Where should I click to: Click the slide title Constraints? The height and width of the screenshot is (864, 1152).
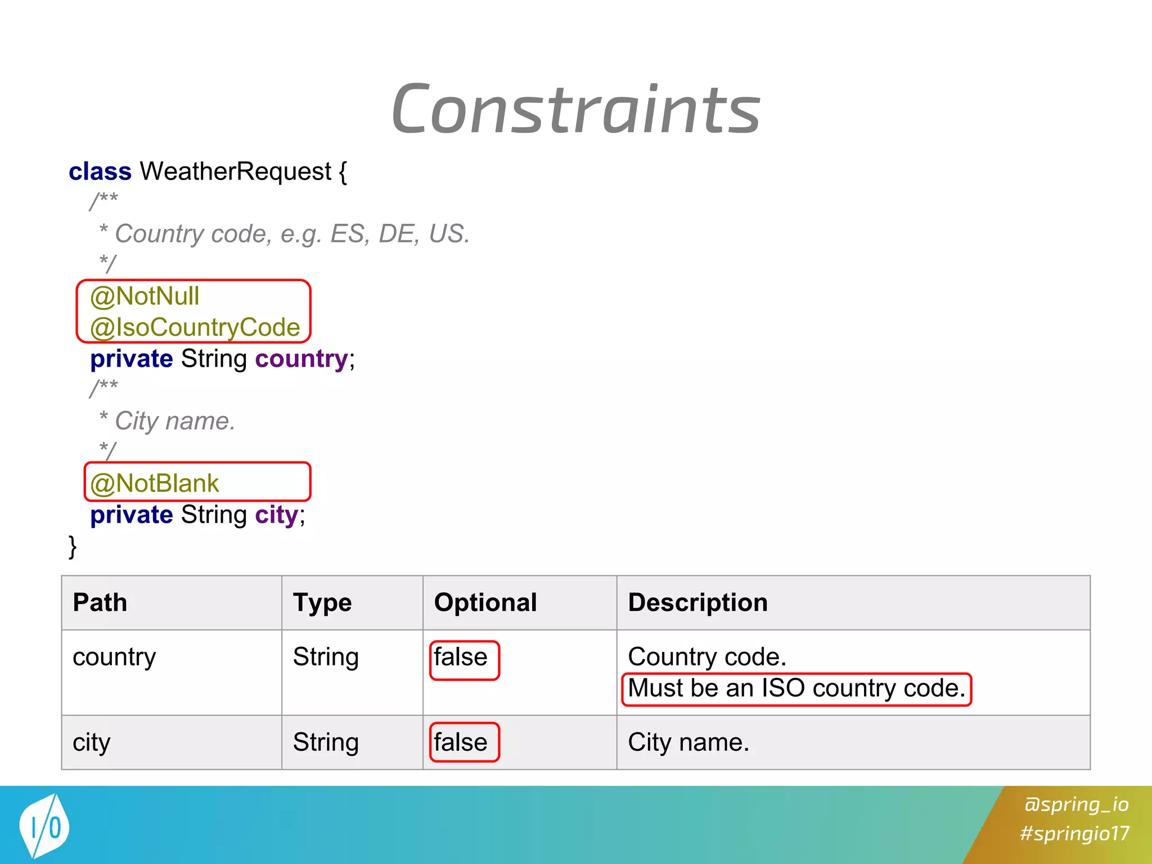(576, 110)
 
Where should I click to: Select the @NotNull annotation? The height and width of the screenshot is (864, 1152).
(145, 296)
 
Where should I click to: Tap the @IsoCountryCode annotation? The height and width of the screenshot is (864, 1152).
(195, 327)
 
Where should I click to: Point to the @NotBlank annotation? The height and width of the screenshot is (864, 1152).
(154, 483)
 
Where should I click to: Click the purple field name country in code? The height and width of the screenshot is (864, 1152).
(301, 359)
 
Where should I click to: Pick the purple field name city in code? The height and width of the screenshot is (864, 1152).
(276, 515)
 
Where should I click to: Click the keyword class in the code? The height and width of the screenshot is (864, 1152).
(100, 172)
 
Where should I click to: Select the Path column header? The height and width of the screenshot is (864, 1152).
(100, 602)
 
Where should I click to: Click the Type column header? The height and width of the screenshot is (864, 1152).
(322, 602)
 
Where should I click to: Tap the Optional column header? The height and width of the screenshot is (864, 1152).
(485, 602)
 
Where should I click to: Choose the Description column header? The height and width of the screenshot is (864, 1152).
(697, 602)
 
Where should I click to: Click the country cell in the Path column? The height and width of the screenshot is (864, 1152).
(114, 657)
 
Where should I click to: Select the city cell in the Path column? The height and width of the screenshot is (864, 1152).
(92, 742)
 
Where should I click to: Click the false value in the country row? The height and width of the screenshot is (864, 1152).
(461, 657)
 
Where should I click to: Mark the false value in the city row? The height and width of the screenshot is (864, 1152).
(461, 742)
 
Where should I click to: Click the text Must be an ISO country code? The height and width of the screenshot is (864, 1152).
(796, 688)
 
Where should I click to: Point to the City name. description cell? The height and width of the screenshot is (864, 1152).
(688, 742)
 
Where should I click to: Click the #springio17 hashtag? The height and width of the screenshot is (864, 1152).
(1074, 833)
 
